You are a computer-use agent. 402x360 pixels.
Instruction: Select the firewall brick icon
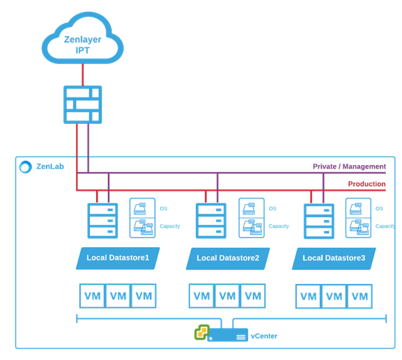pos(82,104)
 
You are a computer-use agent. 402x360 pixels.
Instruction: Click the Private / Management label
pos(349,166)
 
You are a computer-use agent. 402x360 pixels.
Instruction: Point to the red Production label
pos(366,184)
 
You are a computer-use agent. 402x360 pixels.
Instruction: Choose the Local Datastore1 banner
pos(118,258)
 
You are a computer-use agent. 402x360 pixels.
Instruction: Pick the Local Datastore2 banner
pos(228,258)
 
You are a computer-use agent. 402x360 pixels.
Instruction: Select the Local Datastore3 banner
pos(334,258)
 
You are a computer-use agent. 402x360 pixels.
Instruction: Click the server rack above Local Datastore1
pos(102,221)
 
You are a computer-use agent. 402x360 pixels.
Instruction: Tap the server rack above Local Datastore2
pos(211,221)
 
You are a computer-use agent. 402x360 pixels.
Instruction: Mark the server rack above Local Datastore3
pos(319,221)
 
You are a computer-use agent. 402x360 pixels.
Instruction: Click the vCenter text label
pos(264,336)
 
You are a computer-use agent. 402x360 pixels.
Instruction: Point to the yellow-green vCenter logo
pos(202,332)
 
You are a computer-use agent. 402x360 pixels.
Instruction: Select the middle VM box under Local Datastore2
pos(227,296)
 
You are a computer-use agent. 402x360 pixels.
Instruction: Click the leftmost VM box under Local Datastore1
pos(92,296)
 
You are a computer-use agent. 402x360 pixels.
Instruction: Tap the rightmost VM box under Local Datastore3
pos(360,296)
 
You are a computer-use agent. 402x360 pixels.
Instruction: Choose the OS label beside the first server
pos(164,209)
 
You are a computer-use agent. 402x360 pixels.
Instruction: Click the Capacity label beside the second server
pos(279,226)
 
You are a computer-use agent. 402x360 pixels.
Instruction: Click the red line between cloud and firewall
pos(82,75)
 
